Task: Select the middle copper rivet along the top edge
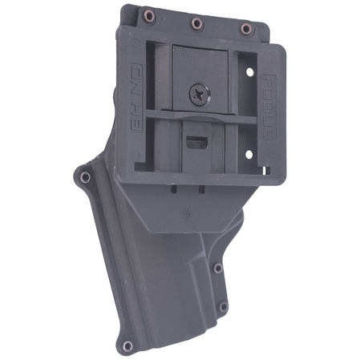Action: coord(196,23)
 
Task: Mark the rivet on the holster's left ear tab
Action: coord(83,175)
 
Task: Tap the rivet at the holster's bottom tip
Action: coord(126,346)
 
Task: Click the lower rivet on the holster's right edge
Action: coord(223,306)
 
